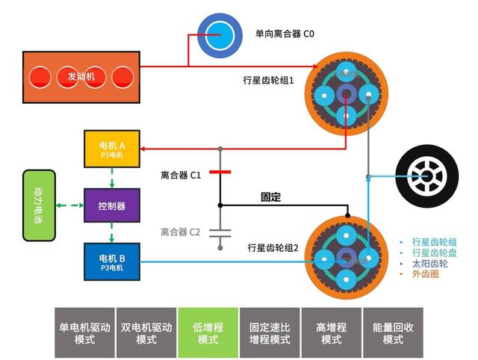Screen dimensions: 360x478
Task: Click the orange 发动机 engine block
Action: pyautogui.click(x=83, y=76)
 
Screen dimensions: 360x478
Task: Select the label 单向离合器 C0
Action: pyautogui.click(x=285, y=34)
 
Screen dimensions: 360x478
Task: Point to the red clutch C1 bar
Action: pyautogui.click(x=220, y=172)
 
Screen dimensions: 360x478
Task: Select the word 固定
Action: pyautogui.click(x=271, y=197)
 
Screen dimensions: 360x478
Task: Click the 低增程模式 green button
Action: pyautogui.click(x=208, y=332)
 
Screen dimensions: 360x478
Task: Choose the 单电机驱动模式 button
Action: pyautogui.click(x=84, y=332)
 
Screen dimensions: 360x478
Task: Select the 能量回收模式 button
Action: pyautogui.click(x=393, y=332)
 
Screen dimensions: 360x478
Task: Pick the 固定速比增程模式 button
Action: pyautogui.click(x=270, y=332)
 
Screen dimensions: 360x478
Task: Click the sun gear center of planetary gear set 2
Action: pyautogui.click(x=346, y=258)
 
